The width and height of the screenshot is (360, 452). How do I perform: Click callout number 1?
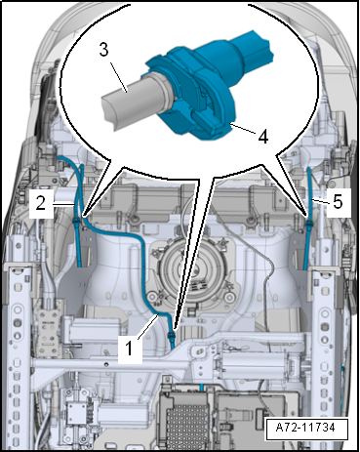(130, 349)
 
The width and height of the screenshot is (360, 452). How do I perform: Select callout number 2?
(41, 203)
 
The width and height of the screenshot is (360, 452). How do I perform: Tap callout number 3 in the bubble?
(103, 51)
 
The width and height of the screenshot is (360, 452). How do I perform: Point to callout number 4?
(262, 137)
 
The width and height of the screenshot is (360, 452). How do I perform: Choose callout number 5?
(338, 202)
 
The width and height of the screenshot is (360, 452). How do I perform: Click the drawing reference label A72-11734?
(305, 427)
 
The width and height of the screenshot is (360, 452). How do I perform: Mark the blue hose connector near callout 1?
(170, 335)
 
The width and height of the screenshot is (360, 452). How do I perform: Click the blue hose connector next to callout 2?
(76, 222)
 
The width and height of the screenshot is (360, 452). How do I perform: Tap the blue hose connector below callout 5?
(308, 224)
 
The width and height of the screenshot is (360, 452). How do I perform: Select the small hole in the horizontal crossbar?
(106, 364)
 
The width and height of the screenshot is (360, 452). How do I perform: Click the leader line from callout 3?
(118, 77)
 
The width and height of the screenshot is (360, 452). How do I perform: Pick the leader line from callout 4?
(244, 128)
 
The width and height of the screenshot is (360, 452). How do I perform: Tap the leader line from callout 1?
(149, 326)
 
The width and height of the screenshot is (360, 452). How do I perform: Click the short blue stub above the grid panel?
(202, 387)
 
